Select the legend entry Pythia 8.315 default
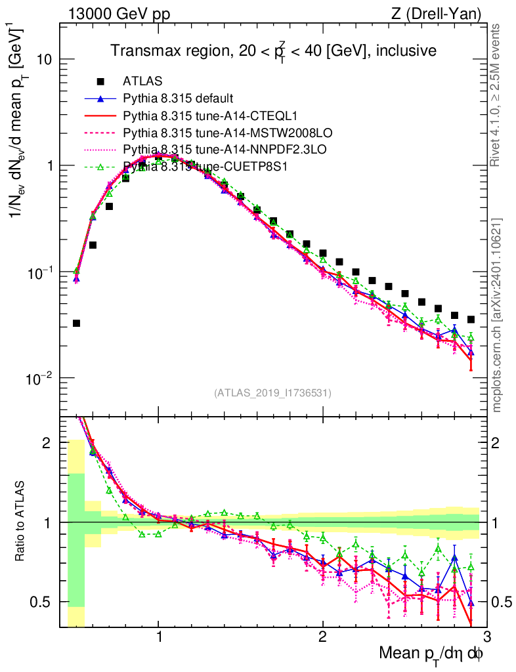(x=177, y=99)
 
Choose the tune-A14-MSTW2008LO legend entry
(x=204, y=133)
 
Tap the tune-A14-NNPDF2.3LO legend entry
(x=204, y=150)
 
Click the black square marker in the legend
(x=100, y=82)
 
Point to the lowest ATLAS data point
(x=76, y=323)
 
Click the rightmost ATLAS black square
(x=471, y=320)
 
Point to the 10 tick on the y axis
(x=47, y=59)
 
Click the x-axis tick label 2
(x=322, y=636)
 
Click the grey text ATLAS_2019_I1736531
(x=272, y=393)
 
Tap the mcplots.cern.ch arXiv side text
(x=498, y=315)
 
